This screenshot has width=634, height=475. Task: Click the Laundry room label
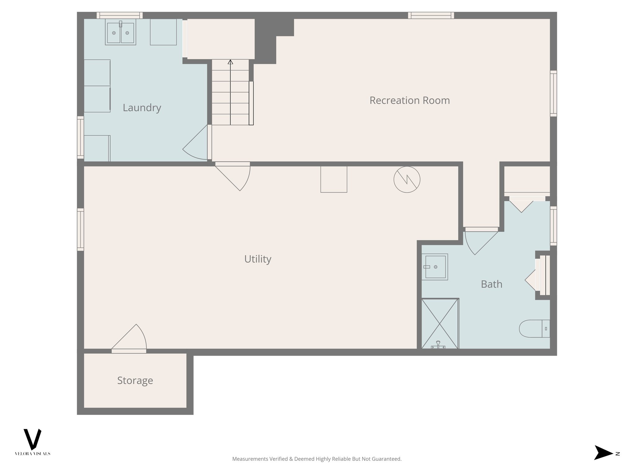point(142,108)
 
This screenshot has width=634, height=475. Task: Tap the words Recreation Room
point(409,100)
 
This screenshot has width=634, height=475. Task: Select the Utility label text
point(258,259)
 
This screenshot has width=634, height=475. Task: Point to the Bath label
point(491,284)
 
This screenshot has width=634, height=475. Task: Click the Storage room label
point(135,380)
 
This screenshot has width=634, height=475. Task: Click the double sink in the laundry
point(120,32)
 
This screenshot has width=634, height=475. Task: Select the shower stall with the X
point(440,323)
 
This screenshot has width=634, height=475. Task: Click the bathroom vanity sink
point(435,267)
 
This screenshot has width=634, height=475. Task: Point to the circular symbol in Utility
point(407,179)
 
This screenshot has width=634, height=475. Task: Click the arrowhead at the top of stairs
point(230,62)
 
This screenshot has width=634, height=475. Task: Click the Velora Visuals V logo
point(33,439)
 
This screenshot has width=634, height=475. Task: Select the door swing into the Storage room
point(132,339)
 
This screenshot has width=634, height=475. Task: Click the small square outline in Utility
point(334,179)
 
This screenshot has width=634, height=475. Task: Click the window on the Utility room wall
point(80,229)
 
